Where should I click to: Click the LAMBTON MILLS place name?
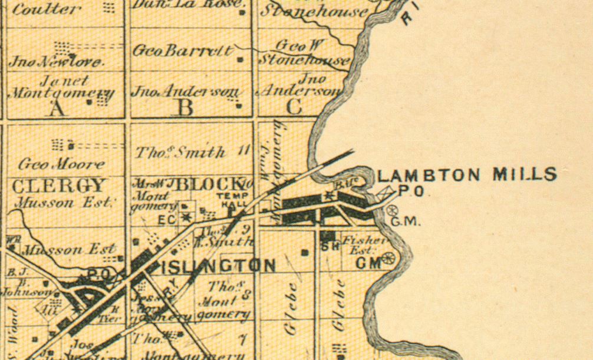click(466, 174)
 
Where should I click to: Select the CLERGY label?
click(58, 186)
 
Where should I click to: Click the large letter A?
click(57, 108)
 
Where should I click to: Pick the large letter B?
click(186, 108)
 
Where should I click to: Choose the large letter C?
click(295, 107)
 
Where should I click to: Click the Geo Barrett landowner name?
click(183, 51)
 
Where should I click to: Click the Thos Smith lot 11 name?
click(180, 153)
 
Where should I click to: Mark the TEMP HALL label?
click(230, 199)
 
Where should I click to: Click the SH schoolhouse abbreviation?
click(330, 247)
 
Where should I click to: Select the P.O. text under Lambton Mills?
click(410, 191)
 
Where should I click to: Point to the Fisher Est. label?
click(364, 245)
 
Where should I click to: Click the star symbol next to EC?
click(187, 217)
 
